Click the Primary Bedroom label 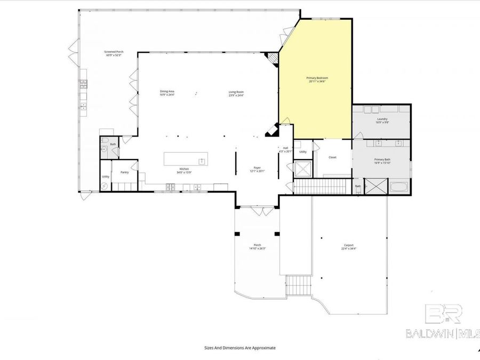pos(317,78)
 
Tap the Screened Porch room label pos(114,52)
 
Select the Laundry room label pos(382,119)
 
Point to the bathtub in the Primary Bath pos(399,187)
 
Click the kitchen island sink pos(202,161)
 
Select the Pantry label pos(124,172)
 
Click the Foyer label pos(257,168)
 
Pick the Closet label pos(332,157)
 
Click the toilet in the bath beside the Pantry pos(105,152)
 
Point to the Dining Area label pos(167,91)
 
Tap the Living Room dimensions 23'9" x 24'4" pos(236,95)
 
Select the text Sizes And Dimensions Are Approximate pos(240,347)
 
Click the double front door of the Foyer pos(257,211)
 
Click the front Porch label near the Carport pos(257,245)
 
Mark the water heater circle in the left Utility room pos(105,186)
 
